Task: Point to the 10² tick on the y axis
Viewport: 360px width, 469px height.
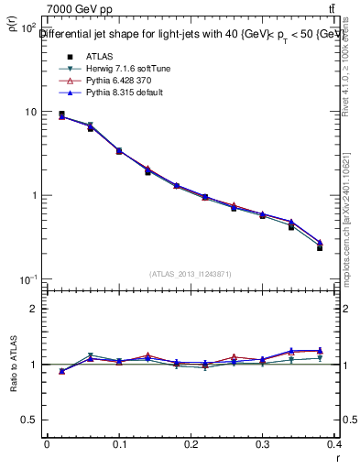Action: click(27, 28)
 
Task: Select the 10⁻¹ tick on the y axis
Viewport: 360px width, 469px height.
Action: click(27, 279)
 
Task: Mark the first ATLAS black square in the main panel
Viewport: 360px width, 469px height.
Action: click(61, 115)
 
